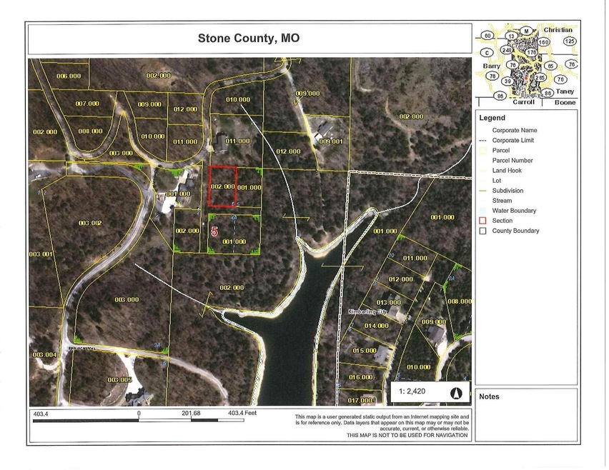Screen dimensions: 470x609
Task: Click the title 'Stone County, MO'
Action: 248,39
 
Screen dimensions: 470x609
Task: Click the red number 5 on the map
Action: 214,231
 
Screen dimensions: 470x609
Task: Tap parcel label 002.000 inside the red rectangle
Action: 222,186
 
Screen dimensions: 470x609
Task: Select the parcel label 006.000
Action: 69,76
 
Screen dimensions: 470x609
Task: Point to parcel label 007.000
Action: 86,104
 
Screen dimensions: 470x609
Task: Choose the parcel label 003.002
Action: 90,224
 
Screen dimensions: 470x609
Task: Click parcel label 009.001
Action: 332,141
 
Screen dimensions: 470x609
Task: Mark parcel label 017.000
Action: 360,400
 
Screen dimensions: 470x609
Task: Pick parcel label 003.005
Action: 119,379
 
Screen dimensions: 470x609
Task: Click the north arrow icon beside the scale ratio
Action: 455,393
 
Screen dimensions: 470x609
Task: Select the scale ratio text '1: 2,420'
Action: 416,393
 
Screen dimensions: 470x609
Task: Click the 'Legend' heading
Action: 492,118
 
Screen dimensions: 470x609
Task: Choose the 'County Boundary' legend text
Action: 515,231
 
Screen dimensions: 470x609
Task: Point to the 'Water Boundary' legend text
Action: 514,211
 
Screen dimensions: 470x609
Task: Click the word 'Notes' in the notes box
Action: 490,396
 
